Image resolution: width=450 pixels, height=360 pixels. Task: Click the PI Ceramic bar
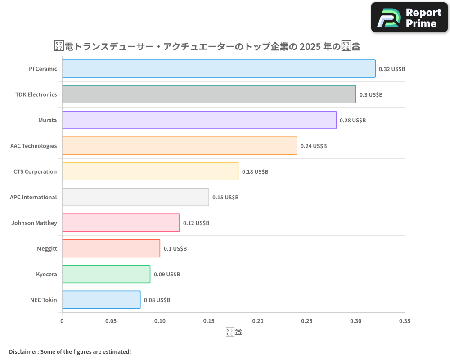click(219, 69)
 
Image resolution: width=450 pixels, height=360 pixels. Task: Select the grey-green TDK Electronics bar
click(209, 94)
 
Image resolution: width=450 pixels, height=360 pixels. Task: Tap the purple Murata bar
click(199, 120)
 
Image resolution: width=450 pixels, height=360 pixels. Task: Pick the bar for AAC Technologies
click(180, 146)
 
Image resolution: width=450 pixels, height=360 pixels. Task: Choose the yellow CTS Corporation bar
click(150, 171)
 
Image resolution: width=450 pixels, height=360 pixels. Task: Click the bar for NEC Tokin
click(101, 300)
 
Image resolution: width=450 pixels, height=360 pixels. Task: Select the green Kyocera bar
click(106, 274)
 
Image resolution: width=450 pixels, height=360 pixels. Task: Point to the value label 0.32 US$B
click(392, 69)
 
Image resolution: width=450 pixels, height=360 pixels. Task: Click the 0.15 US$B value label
click(225, 198)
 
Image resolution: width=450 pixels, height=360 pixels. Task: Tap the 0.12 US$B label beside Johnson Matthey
click(196, 223)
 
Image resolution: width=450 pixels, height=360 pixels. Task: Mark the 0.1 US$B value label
click(175, 249)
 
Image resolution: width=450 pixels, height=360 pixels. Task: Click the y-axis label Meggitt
click(47, 248)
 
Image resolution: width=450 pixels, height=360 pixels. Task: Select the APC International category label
click(33, 197)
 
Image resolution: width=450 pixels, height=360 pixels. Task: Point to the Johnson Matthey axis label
click(34, 223)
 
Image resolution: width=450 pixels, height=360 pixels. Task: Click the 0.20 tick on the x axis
click(258, 321)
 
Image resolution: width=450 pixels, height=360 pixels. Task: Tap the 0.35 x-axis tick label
click(405, 321)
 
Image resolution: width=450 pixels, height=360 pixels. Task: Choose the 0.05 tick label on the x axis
click(111, 321)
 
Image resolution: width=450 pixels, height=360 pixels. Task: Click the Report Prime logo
click(409, 18)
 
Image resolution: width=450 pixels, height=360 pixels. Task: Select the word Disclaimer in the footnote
click(23, 351)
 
